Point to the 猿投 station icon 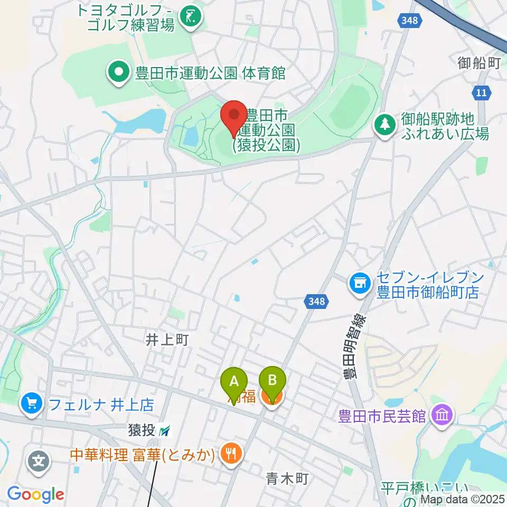pyautogui.click(x=165, y=431)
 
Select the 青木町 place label pyautogui.click(x=287, y=479)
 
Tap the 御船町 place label pyautogui.click(x=479, y=63)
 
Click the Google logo pyautogui.click(x=35, y=494)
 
